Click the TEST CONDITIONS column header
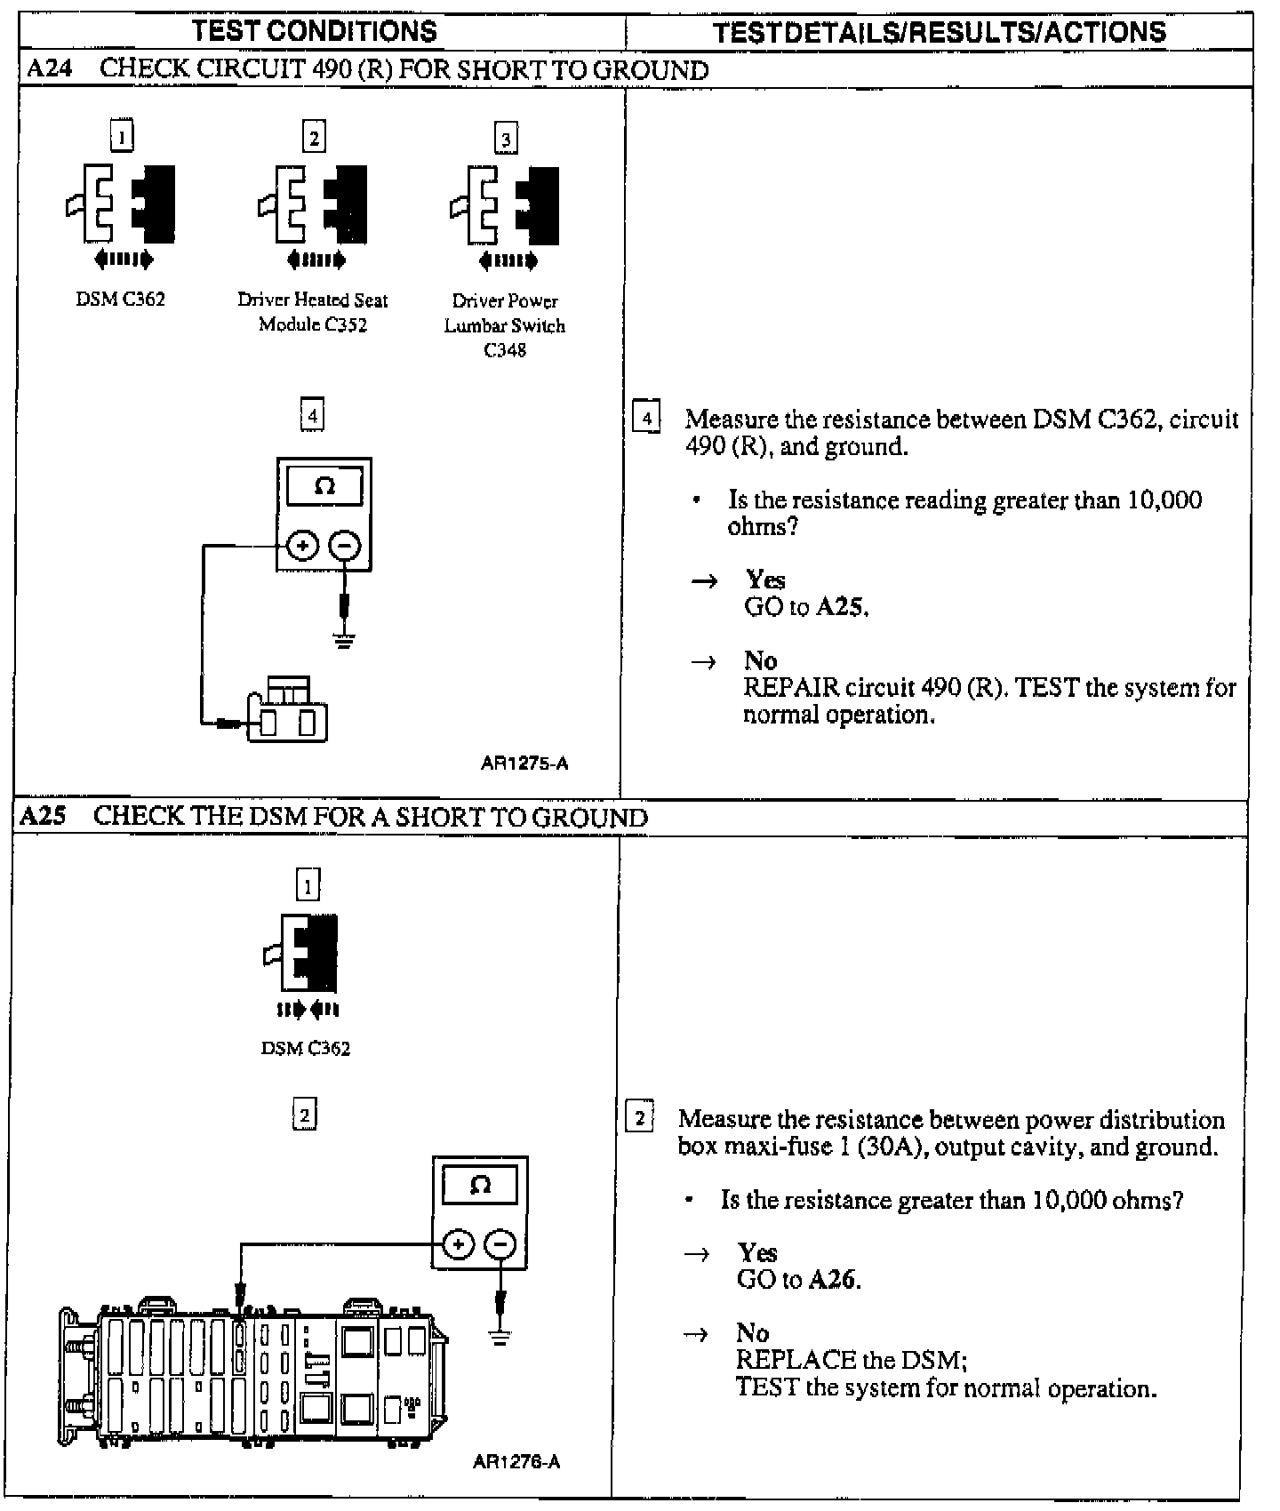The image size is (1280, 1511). (315, 32)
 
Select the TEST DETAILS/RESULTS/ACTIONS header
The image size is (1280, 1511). (940, 33)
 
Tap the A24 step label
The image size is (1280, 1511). (49, 69)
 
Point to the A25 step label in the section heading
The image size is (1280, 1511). (43, 817)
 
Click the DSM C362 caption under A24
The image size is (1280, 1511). (120, 300)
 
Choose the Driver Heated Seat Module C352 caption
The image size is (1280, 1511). (313, 312)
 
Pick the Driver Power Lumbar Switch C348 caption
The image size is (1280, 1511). (505, 325)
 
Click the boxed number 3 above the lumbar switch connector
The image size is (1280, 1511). (506, 139)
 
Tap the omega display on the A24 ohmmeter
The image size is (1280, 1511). (324, 486)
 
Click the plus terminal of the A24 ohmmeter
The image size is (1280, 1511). (303, 545)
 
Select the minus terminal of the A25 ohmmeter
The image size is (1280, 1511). (501, 1244)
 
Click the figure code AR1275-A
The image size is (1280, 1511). (524, 763)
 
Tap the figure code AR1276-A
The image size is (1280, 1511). (517, 1462)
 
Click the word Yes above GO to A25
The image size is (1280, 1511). (765, 580)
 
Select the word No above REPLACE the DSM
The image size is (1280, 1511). (752, 1333)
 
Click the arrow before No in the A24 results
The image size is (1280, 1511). (703, 661)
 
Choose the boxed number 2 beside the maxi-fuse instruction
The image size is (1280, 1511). (640, 1116)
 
